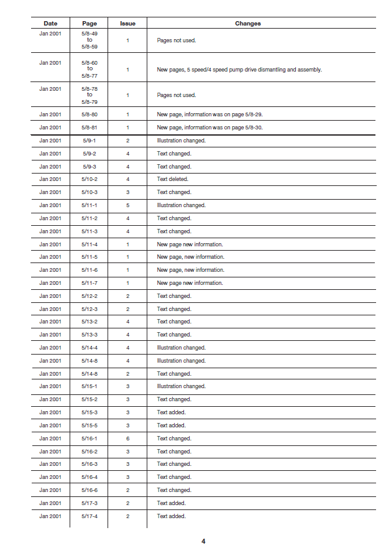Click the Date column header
click(50, 24)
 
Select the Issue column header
click(127, 24)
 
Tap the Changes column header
click(247, 24)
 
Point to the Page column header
click(90, 24)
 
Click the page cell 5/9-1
click(90, 141)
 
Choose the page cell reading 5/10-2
click(90, 179)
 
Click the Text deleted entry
click(172, 179)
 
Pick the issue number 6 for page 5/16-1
click(127, 438)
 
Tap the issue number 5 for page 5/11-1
click(127, 205)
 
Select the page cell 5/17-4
click(90, 516)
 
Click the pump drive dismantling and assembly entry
click(239, 70)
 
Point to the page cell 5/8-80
click(90, 114)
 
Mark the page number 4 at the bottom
click(203, 541)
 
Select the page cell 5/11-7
click(90, 283)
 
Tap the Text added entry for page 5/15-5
click(171, 425)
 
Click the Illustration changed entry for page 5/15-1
click(181, 386)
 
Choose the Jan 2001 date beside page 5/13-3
click(50, 335)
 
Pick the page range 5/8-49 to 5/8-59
click(90, 40)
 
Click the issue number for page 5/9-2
click(127, 154)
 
